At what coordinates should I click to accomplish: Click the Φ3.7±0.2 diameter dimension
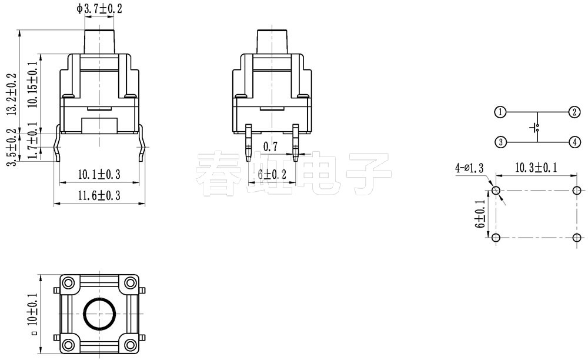tap(99, 8)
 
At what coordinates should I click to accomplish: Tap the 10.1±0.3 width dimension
tap(99, 174)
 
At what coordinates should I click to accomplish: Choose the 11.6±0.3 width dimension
tap(99, 195)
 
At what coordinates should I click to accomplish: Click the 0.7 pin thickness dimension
tap(270, 146)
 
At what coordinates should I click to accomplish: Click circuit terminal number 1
tap(500, 112)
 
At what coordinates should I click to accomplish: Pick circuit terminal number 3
tap(500, 142)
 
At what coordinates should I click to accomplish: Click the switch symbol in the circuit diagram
tap(536, 127)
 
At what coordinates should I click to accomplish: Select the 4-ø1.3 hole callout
tap(469, 168)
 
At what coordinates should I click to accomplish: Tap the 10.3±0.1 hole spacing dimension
tap(536, 168)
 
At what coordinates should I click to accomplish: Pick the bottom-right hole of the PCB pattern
tap(577, 238)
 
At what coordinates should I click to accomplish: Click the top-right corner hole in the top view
tap(129, 283)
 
